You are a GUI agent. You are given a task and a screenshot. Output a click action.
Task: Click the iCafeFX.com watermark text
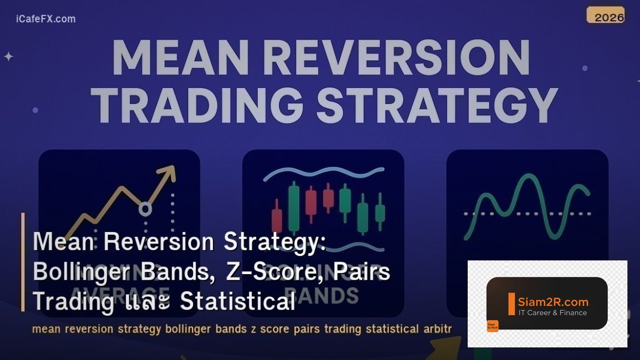click(46, 19)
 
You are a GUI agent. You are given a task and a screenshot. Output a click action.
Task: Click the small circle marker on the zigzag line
click(145, 208)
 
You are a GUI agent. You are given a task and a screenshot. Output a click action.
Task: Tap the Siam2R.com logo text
click(553, 301)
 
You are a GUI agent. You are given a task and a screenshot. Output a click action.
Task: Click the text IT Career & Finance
click(552, 313)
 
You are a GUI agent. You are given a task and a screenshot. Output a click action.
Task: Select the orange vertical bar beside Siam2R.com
click(511, 304)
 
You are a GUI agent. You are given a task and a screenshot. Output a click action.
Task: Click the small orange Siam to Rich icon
click(492, 326)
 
